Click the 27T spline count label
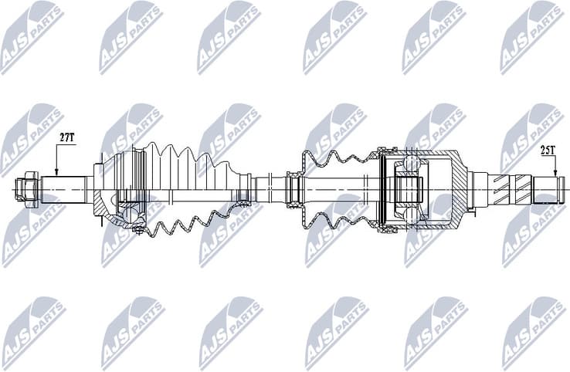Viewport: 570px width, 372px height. [x=66, y=137]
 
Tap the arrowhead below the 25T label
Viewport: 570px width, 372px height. [x=553, y=172]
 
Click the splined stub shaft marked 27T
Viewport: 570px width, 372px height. [x=66, y=188]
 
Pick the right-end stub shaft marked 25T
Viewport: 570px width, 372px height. [x=549, y=189]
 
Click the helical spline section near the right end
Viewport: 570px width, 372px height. [x=512, y=189]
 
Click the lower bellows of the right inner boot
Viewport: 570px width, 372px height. [x=336, y=218]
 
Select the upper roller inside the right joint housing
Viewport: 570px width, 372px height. [x=409, y=164]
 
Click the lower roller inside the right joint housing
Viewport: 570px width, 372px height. [x=409, y=213]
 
